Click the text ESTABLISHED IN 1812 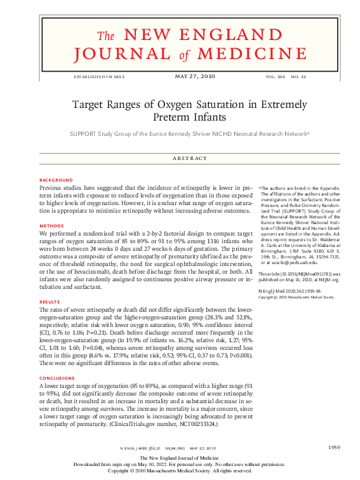pyautogui.click(x=99, y=77)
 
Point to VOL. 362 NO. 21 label pyautogui.click(x=286, y=77)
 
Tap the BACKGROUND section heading pyautogui.click(x=56, y=180)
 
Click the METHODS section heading pyautogui.click(x=51, y=225)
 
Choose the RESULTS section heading pyautogui.click(x=50, y=302)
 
